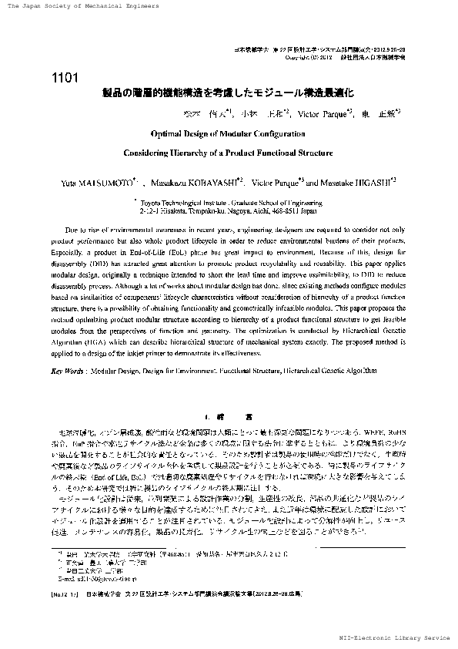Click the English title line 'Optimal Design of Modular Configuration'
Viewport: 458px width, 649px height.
[x=228, y=133]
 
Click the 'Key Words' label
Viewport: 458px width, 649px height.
[x=67, y=372]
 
